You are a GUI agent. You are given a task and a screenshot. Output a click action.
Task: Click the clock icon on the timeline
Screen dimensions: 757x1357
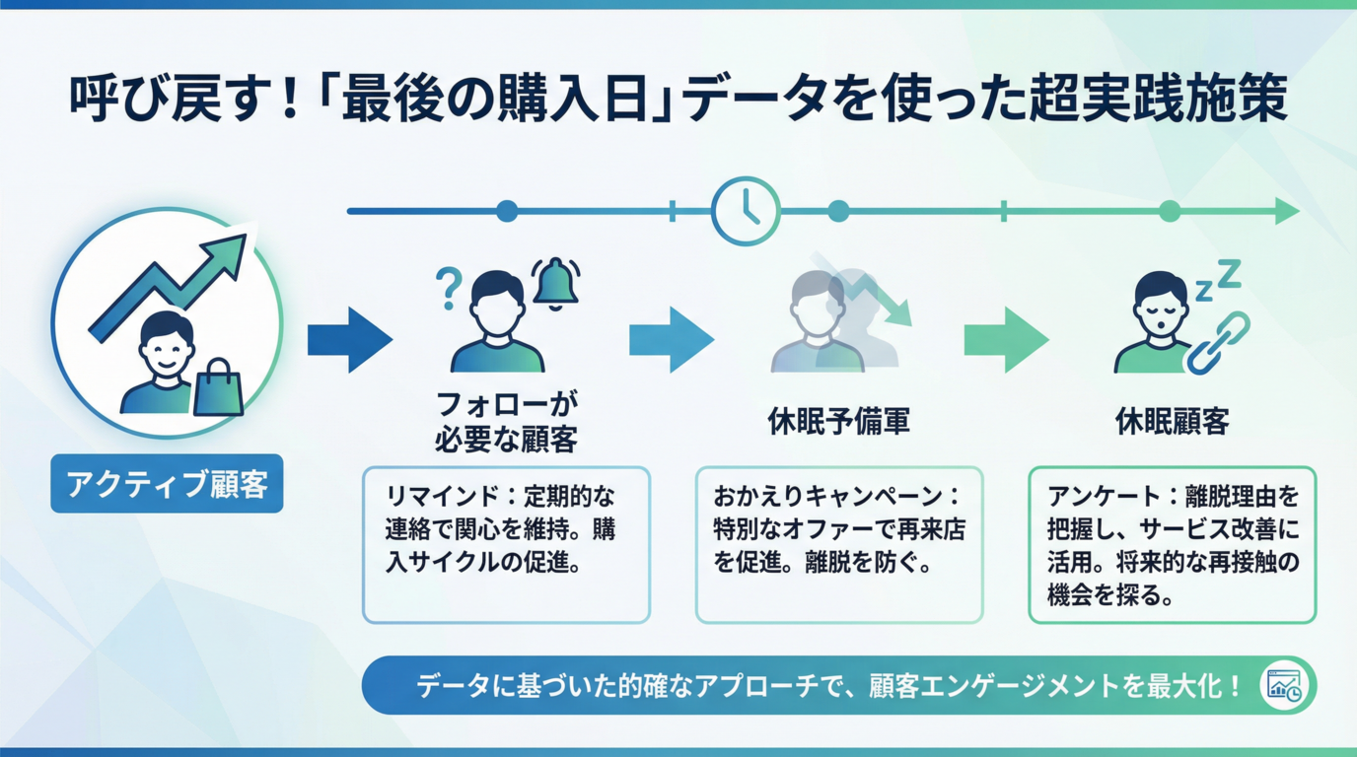tap(746, 211)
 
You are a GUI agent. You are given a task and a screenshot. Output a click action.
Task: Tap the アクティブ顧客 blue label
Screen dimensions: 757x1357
tap(167, 483)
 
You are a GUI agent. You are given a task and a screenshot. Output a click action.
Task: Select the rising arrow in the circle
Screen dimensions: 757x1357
tap(171, 280)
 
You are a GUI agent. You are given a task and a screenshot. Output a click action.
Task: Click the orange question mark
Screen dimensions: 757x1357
tap(448, 288)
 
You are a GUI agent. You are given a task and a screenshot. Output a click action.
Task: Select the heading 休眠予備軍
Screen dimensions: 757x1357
tap(838, 422)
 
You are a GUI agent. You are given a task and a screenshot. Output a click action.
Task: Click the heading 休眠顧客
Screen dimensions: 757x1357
tap(1172, 422)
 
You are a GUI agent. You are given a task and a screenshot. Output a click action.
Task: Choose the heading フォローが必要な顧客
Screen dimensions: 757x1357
tap(506, 421)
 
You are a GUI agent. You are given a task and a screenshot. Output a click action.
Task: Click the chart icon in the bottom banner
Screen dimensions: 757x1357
tap(1285, 685)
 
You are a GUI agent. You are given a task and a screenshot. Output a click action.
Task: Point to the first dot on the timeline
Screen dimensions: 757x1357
tap(507, 211)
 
